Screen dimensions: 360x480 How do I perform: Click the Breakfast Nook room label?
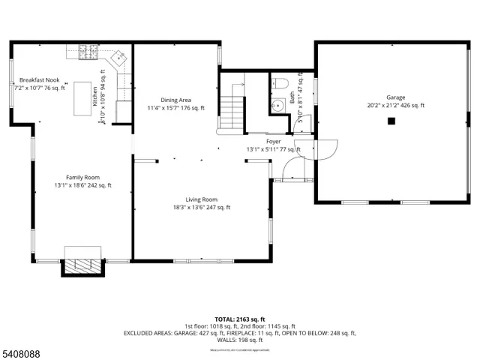pyautogui.click(x=40, y=79)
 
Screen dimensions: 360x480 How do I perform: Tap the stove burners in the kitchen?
pyautogui.click(x=88, y=52)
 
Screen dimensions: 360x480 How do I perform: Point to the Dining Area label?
pyautogui.click(x=175, y=100)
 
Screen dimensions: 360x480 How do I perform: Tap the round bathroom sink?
pyautogui.click(x=277, y=106)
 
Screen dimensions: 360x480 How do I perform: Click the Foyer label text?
pyautogui.click(x=273, y=141)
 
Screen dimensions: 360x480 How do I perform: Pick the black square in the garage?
pyautogui.click(x=391, y=120)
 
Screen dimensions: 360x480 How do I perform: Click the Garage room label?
pyautogui.click(x=395, y=97)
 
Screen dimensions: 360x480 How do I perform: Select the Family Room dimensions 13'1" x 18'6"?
pyautogui.click(x=82, y=185)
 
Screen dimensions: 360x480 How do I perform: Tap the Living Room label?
pyautogui.click(x=201, y=199)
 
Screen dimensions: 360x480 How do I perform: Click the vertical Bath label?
pyautogui.click(x=293, y=97)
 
